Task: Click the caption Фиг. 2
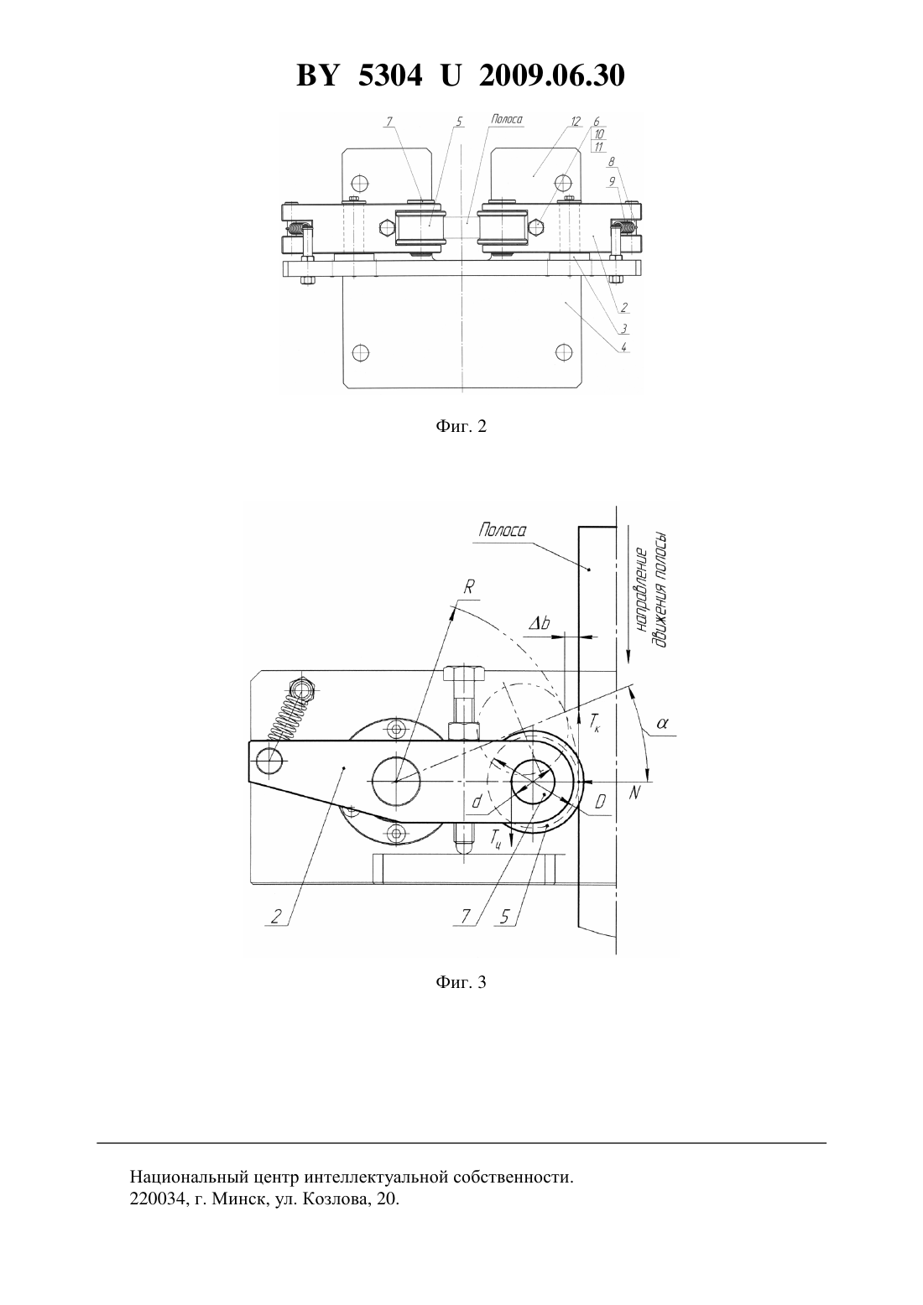click(461, 426)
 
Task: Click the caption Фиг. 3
click(461, 982)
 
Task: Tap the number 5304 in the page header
click(390, 75)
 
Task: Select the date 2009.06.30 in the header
click(552, 75)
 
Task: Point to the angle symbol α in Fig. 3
click(662, 723)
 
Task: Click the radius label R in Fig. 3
click(469, 589)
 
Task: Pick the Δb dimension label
click(539, 624)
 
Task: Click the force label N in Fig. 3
click(634, 793)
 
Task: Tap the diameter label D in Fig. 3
click(600, 803)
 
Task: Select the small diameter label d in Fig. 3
click(477, 803)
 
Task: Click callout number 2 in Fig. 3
click(275, 916)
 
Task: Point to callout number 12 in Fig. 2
click(576, 122)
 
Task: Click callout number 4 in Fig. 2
click(623, 347)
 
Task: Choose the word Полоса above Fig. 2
click(506, 119)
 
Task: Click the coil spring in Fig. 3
click(289, 719)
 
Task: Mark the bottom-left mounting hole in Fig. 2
click(361, 352)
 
